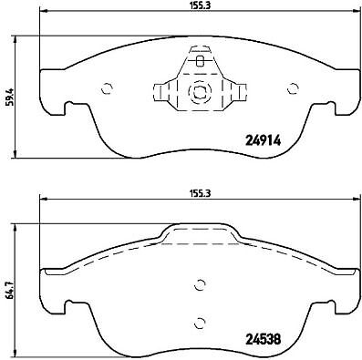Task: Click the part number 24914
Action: click(x=263, y=140)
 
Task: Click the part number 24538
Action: click(x=263, y=339)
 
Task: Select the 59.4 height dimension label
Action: click(x=11, y=97)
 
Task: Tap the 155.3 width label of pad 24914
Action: click(x=200, y=5)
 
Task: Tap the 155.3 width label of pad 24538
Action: click(x=200, y=193)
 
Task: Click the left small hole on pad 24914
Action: click(x=107, y=88)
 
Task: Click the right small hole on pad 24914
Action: click(x=293, y=88)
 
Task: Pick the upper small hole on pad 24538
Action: click(x=200, y=284)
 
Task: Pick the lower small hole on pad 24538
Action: click(x=200, y=323)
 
